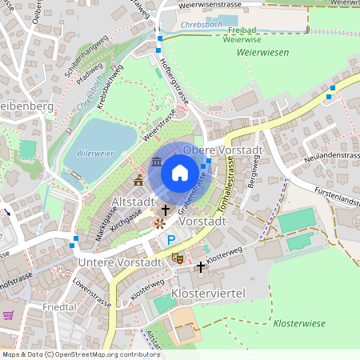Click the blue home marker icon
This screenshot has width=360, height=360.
[180, 172]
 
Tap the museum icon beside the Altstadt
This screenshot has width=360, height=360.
[152, 163]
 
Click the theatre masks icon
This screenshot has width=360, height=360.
[177, 258]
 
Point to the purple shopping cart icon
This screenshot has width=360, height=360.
[9, 315]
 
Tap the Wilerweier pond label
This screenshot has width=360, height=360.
[94, 152]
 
